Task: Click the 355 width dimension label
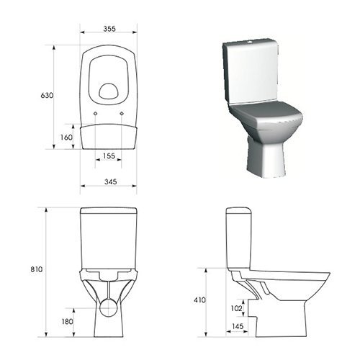pos(109,29)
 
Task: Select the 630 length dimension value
pos(47,95)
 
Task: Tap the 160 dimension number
pos(66,138)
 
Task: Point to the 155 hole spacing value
pos(109,156)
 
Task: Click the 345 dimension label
pos(110,181)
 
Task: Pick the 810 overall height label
pos(37,269)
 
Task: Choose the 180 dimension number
pos(67,321)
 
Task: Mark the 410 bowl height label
pos(199,300)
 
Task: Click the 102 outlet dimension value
pos(236,308)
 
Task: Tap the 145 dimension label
pos(238,326)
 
